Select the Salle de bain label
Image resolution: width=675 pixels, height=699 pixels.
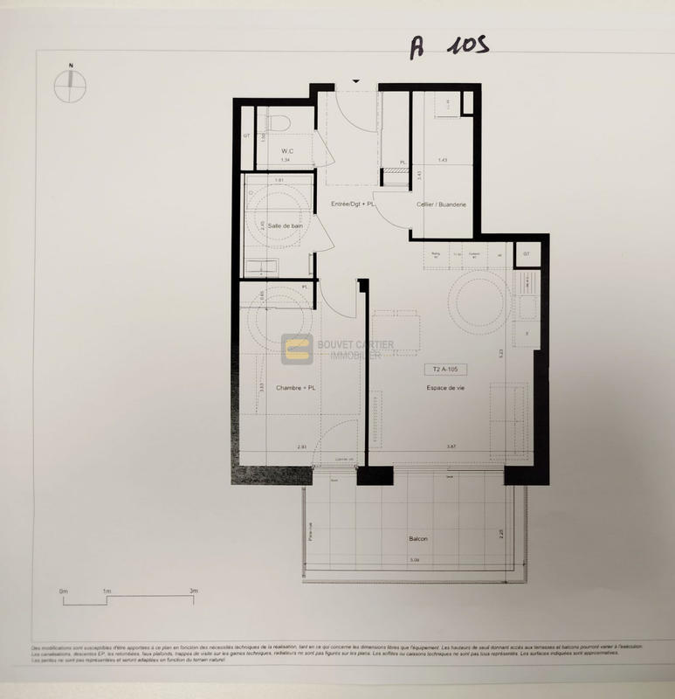pyautogui.click(x=285, y=226)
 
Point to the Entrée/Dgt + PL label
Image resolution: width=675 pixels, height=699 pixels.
pyautogui.click(x=352, y=204)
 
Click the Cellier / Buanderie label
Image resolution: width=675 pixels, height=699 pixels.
pyautogui.click(x=441, y=204)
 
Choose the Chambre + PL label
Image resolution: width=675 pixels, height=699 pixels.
pyautogui.click(x=293, y=388)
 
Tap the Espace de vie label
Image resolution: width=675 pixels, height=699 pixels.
pyautogui.click(x=444, y=388)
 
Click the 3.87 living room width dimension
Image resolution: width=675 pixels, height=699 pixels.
pyautogui.click(x=451, y=447)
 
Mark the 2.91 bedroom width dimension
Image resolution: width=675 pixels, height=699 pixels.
pyautogui.click(x=302, y=447)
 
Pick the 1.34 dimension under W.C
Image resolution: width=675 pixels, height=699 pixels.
pyautogui.click(x=285, y=161)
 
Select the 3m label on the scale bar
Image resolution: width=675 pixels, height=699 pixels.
pyautogui.click(x=193, y=592)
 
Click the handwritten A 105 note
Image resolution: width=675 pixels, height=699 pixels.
pyautogui.click(x=448, y=47)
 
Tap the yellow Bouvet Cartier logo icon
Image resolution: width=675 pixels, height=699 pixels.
pyautogui.click(x=296, y=349)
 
